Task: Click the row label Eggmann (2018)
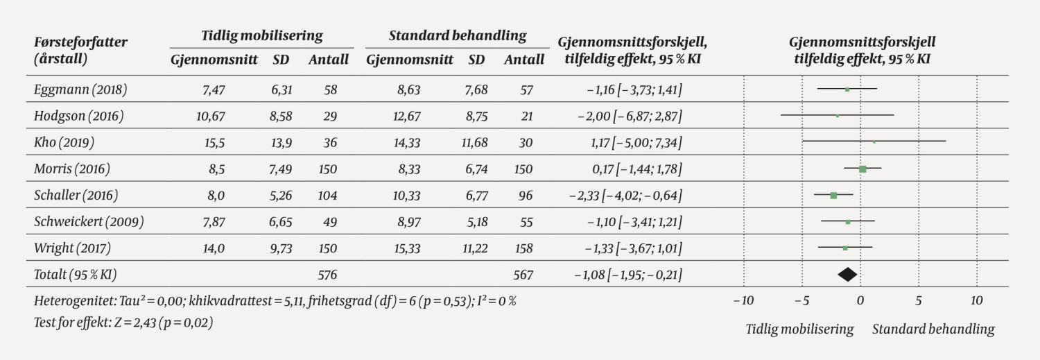80,89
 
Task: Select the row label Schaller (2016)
76,196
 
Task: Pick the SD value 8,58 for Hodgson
280,117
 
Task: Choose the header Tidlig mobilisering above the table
261,36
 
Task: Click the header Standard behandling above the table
457,36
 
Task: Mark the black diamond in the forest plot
847,275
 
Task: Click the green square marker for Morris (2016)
863,169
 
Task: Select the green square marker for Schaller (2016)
833,196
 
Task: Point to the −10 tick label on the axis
743,301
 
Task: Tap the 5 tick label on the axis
919,301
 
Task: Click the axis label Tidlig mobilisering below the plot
799,329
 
